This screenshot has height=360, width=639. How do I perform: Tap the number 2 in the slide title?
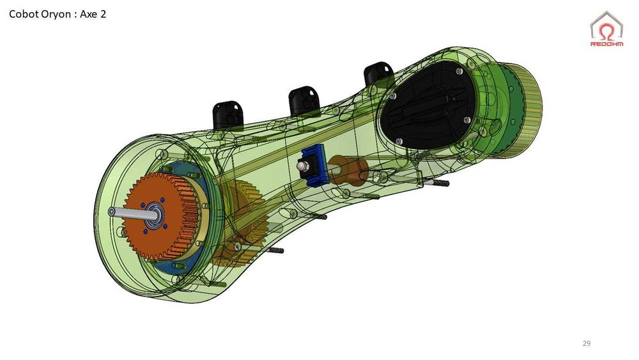tap(102, 13)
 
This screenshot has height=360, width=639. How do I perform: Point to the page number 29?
tap(586, 344)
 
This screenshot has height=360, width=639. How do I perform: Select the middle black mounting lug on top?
tap(304, 100)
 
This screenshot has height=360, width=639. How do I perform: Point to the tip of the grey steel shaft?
tap(112, 211)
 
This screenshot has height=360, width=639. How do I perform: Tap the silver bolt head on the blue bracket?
tap(303, 166)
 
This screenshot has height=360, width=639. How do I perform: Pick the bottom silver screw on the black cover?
tap(399, 141)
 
